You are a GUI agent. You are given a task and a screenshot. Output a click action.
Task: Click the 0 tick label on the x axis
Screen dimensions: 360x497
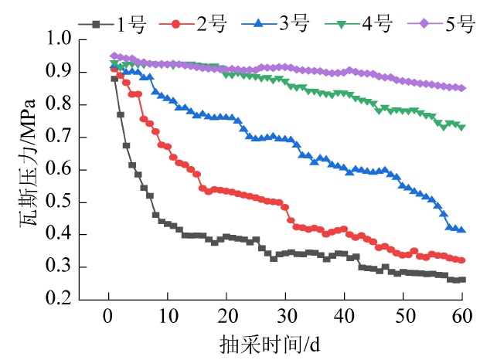pyautogui.click(x=108, y=317)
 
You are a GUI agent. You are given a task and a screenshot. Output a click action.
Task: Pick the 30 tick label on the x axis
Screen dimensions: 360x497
pyautogui.click(x=285, y=317)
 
